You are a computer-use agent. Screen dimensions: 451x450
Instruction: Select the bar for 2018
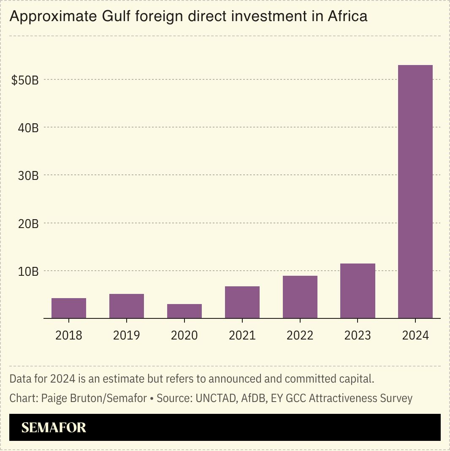pyautogui.click(x=69, y=308)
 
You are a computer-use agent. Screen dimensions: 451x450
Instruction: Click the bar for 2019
pyautogui.click(x=127, y=306)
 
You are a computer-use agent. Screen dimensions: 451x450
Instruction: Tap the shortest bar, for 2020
pyautogui.click(x=184, y=311)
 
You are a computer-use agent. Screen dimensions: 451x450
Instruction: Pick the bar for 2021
pyautogui.click(x=242, y=302)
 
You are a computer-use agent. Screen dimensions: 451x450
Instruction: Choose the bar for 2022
pyautogui.click(x=300, y=297)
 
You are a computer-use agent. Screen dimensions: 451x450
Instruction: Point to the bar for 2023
pyautogui.click(x=358, y=291)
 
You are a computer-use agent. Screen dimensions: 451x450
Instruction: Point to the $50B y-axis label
pyautogui.click(x=25, y=80)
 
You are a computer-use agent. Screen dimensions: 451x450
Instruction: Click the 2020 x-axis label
pyautogui.click(x=184, y=335)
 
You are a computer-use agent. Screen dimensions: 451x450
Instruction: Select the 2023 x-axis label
pyautogui.click(x=358, y=335)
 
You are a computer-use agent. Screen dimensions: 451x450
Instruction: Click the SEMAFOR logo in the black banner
pyautogui.click(x=54, y=427)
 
